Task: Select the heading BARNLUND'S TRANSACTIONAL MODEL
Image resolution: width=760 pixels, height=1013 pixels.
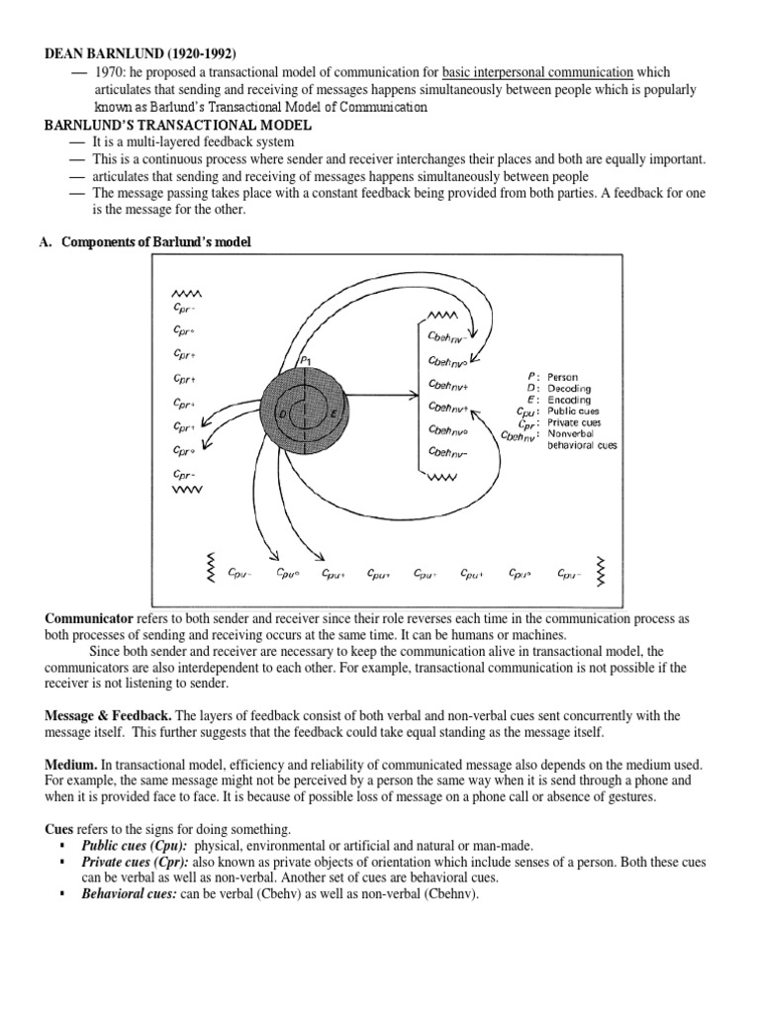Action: click(x=179, y=126)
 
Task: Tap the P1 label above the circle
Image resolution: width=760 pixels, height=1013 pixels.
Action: click(x=305, y=362)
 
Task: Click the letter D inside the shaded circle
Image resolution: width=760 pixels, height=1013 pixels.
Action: click(x=283, y=414)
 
